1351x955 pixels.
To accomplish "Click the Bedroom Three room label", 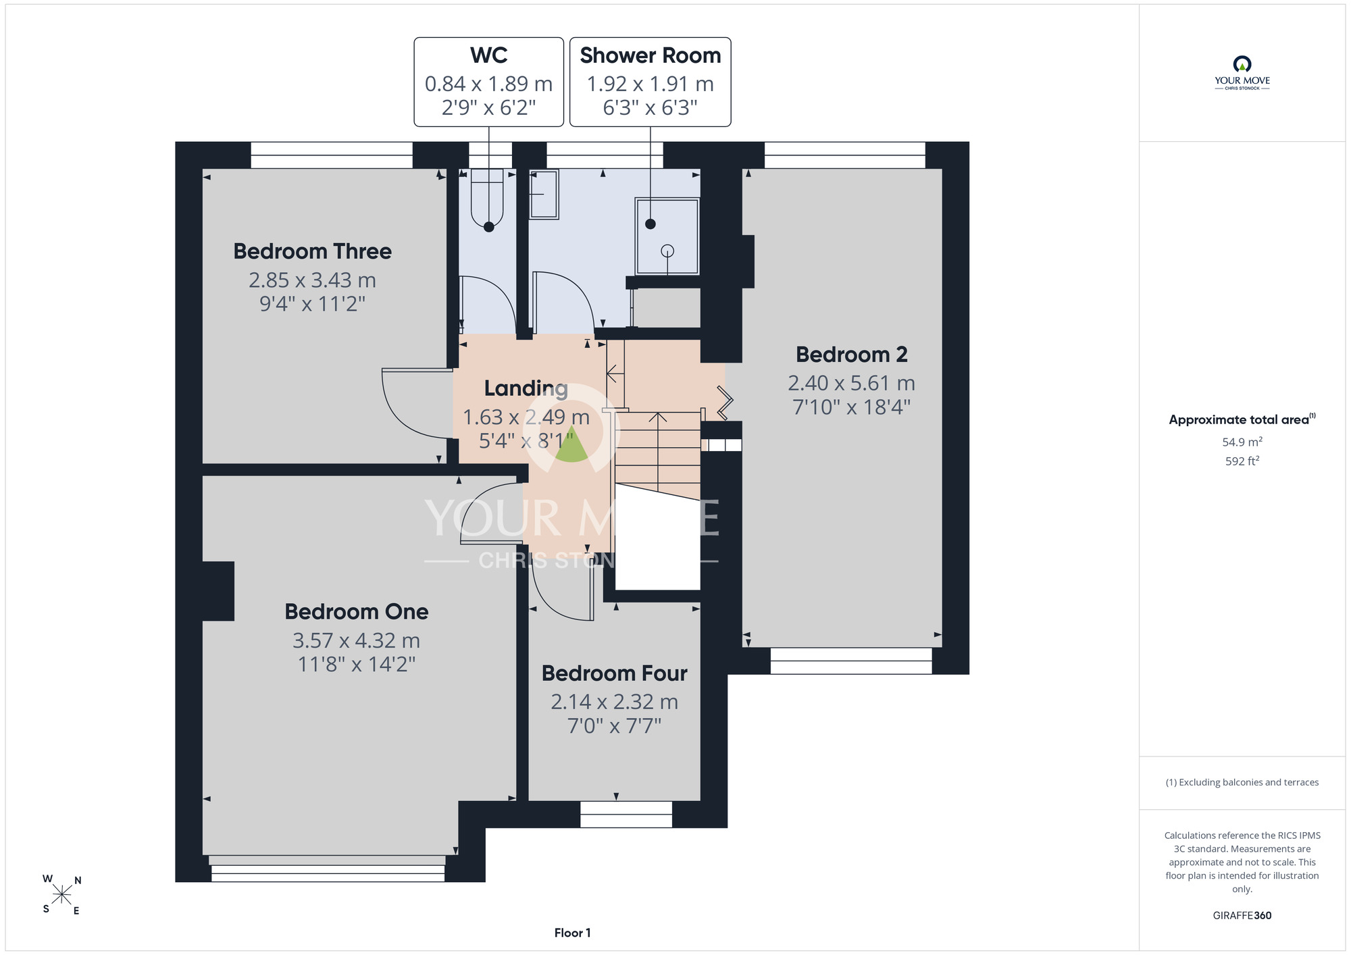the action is [x=312, y=251].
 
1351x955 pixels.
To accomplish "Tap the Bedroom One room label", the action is [x=357, y=611].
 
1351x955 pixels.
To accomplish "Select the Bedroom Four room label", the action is [x=615, y=673].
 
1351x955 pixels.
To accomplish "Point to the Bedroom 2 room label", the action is [x=851, y=354].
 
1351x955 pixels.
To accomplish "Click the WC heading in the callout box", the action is [x=489, y=55].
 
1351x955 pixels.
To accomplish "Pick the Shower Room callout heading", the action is [x=651, y=55].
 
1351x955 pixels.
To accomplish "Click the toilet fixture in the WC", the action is [x=487, y=198].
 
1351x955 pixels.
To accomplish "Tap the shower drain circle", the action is [x=667, y=251].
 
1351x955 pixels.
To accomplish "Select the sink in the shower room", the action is [x=544, y=195].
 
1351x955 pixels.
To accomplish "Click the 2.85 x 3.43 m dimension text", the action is [x=312, y=280].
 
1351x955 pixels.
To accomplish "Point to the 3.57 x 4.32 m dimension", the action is [x=357, y=640].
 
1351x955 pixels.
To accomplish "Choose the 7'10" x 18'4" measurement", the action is [x=851, y=407].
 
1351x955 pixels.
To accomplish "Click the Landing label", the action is [x=526, y=388].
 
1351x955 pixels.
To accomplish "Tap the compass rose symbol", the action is [x=62, y=895].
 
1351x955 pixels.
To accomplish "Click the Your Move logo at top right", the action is [x=1242, y=73].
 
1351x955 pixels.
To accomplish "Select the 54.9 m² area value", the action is [x=1242, y=442].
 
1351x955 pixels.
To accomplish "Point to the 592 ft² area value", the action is [x=1242, y=461].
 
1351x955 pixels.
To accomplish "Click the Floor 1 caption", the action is [x=572, y=933].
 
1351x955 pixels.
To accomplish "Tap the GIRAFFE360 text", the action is [x=1242, y=916].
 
